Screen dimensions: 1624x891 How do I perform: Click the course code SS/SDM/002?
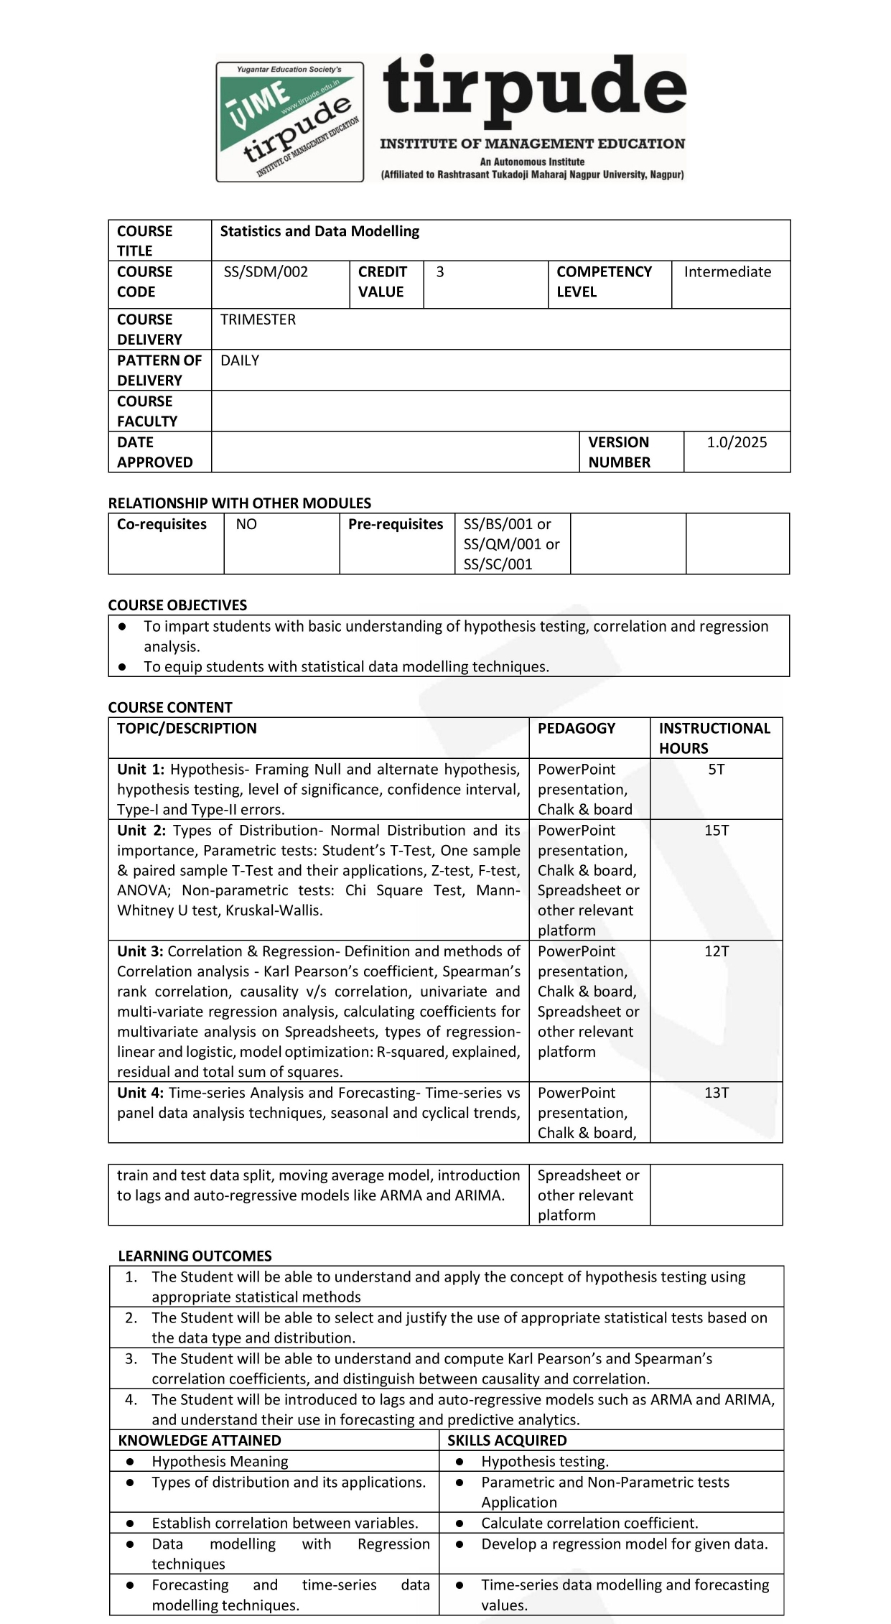(266, 272)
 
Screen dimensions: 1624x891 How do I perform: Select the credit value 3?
(440, 272)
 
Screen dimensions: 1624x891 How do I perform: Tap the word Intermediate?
(727, 272)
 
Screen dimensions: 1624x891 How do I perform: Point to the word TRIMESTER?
(258, 319)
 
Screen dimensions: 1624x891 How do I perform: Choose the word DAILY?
(240, 360)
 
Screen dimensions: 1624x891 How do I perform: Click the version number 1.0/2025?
(737, 442)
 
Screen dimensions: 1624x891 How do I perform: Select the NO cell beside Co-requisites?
(246, 525)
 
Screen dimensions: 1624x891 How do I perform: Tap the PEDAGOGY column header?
(577, 729)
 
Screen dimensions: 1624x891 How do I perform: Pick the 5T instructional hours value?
(717, 770)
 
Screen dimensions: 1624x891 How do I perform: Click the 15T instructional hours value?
(717, 831)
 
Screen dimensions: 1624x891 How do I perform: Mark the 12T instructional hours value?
(717, 952)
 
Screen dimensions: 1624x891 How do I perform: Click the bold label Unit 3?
(141, 952)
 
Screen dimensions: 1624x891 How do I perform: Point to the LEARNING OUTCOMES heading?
(195, 1256)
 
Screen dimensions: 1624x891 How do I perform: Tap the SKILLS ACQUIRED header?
(507, 1441)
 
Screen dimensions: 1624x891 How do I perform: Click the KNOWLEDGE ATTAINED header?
(200, 1441)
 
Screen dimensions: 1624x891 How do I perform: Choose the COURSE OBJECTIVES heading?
(177, 605)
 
